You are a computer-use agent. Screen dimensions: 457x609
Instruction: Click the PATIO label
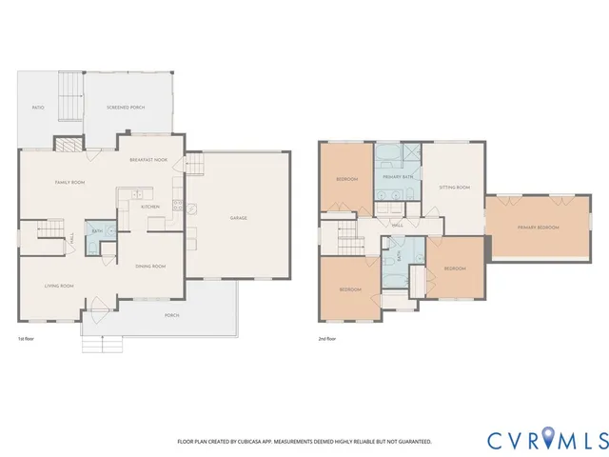click(38, 109)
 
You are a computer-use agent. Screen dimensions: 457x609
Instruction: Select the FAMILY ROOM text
click(69, 182)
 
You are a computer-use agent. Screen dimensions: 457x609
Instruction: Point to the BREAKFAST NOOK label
click(150, 160)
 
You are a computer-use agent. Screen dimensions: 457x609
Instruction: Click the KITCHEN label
click(150, 207)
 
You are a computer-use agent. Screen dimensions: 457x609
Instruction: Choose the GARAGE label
click(238, 218)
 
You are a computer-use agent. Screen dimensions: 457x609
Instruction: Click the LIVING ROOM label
click(60, 286)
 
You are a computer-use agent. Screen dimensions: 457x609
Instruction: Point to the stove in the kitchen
click(177, 205)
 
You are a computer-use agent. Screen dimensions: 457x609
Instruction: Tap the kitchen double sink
click(123, 200)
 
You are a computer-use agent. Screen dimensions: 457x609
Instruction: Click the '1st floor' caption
click(27, 339)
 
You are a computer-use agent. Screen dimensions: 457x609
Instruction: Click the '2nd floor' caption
click(328, 339)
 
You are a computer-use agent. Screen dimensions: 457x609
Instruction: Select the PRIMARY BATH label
click(398, 177)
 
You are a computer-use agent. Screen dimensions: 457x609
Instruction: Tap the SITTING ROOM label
click(454, 188)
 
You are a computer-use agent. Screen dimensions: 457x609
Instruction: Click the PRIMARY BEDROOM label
click(538, 228)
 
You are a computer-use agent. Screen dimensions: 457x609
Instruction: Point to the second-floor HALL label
click(397, 225)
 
